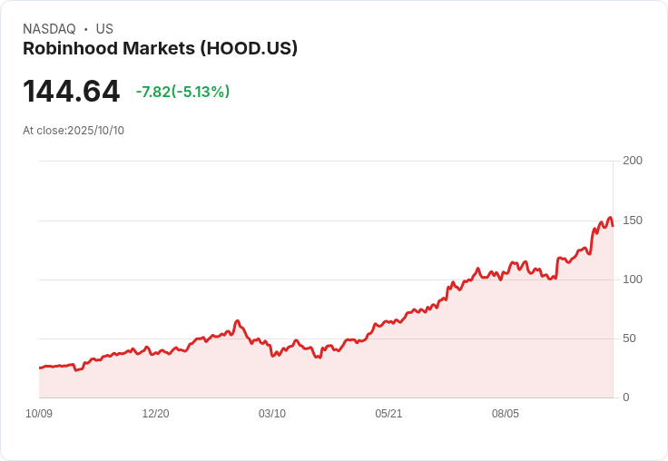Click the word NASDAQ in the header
(x=49, y=29)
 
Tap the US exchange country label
(x=104, y=29)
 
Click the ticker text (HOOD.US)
(x=246, y=49)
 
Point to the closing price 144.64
(x=71, y=92)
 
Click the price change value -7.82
(x=153, y=92)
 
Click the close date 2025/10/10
(x=95, y=131)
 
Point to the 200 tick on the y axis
(x=633, y=161)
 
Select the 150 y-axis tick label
(x=633, y=221)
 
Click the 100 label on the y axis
(x=633, y=280)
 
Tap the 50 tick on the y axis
(x=629, y=338)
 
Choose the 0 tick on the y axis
(x=625, y=397)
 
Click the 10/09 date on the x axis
(x=39, y=414)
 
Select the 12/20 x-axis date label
(x=155, y=414)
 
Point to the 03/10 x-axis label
(x=272, y=414)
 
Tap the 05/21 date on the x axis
(x=388, y=414)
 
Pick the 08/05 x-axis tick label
(x=506, y=414)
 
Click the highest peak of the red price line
(x=610, y=217)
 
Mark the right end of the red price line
(x=613, y=226)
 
